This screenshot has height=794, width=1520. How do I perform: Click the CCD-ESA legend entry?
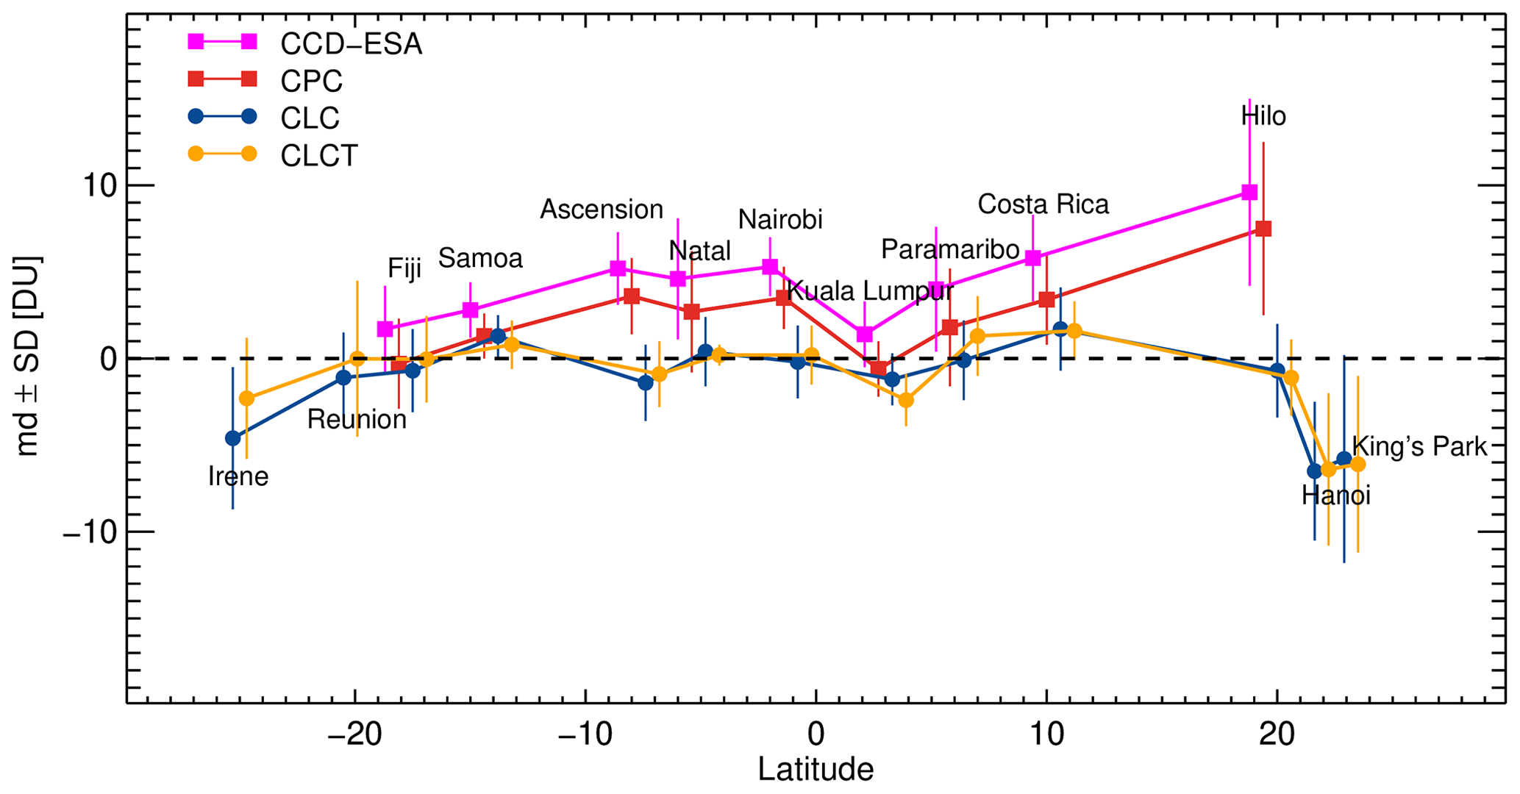coord(351,44)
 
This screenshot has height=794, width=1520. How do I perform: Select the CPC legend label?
coord(311,82)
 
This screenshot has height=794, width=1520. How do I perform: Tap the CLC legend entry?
coord(310,118)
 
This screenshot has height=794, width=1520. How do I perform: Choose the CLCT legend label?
coord(319,156)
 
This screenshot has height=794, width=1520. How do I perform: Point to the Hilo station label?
coord(1263,116)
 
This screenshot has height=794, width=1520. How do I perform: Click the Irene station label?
coord(238,476)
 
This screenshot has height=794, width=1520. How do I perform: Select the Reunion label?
coord(357,419)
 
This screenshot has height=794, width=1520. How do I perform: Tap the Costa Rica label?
coord(1043,204)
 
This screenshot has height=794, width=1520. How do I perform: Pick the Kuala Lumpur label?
coord(870,291)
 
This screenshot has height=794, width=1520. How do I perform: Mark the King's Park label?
coord(1419,446)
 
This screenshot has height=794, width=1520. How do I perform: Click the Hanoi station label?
coord(1335,496)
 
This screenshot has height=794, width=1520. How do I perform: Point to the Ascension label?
coord(602,210)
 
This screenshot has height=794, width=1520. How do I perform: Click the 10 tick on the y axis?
coord(99,185)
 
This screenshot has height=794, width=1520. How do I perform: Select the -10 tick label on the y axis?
coord(89,532)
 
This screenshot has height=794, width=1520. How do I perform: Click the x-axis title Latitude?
coord(816,770)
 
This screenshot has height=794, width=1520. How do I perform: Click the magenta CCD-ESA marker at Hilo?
coord(1249,192)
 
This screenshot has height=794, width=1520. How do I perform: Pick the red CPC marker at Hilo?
coord(1263,229)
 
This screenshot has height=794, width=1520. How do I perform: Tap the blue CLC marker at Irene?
coord(233,438)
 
